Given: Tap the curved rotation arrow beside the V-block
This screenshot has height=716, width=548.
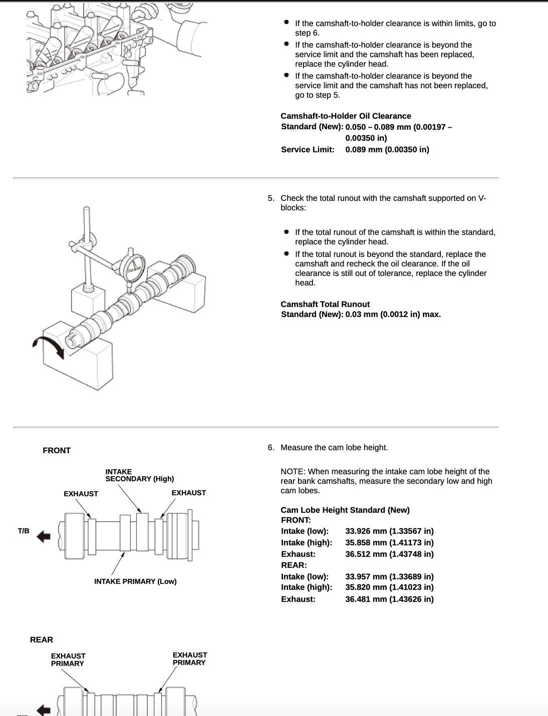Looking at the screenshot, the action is coord(49,346).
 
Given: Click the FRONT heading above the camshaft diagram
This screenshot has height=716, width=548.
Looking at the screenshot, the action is coord(57,451).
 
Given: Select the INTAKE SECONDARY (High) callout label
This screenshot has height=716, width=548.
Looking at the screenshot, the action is coord(140,475).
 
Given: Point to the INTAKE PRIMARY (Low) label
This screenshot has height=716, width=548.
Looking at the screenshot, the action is coord(135,581).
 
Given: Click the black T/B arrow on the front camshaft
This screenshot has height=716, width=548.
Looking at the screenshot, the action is coord(44,537).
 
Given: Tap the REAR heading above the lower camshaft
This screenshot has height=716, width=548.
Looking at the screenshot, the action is coord(42,640).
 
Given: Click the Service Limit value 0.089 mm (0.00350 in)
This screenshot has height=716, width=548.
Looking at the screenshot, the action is coord(387,150).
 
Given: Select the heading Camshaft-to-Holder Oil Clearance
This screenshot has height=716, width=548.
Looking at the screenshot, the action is coord(346,116).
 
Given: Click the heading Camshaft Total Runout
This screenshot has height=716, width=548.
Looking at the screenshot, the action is coord(325,304).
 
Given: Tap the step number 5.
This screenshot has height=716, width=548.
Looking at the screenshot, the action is coord(271,198).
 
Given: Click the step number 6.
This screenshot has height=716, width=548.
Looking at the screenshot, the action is coord(271,448).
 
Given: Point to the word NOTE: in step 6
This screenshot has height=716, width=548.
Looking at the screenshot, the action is coord(293,472).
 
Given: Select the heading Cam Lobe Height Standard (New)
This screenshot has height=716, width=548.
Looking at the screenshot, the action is coord(345,510).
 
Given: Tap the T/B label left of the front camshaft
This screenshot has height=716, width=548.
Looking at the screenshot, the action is coord(24,531).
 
